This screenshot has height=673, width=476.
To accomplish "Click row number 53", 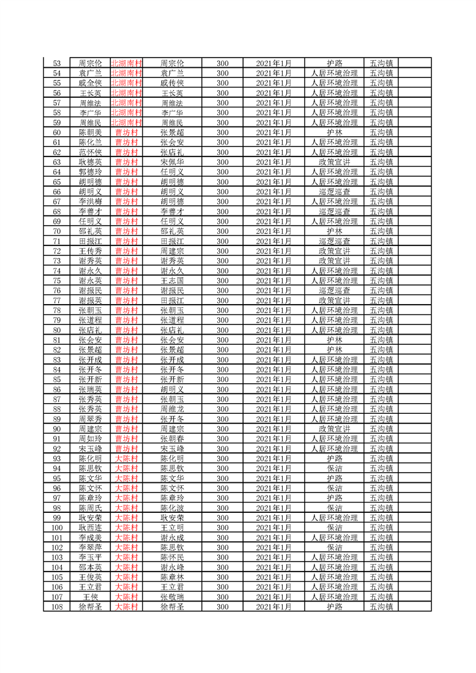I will (57, 63).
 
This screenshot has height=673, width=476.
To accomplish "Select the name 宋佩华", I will (172, 162).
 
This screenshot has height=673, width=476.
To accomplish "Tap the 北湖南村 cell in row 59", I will (126, 122).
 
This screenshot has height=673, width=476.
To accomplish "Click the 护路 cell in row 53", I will (334, 63).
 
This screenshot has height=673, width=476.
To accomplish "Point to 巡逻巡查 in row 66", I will (334, 191).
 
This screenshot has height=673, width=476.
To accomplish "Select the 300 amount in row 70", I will (222, 231).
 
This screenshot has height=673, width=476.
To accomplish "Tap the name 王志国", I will (172, 281).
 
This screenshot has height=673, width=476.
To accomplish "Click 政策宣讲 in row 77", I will (334, 301).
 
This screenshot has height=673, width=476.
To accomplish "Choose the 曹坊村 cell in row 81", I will (126, 340).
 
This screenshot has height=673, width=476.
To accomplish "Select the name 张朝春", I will (172, 438).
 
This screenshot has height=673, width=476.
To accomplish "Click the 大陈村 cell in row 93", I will (126, 458).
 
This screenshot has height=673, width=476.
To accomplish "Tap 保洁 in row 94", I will (334, 468).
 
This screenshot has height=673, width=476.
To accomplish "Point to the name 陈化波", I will (172, 508).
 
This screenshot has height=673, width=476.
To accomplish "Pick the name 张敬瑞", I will (172, 597).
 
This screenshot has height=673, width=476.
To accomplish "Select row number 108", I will (57, 607).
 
